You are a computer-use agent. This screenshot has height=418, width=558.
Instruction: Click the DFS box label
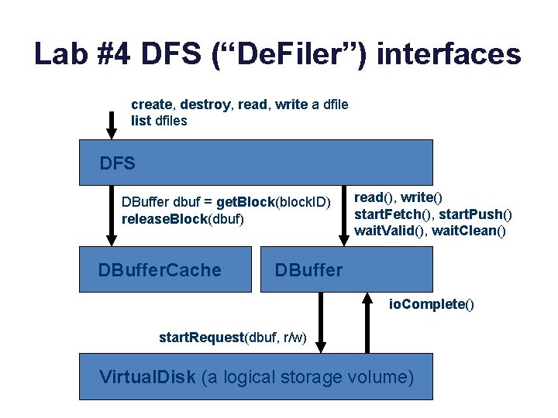(118, 163)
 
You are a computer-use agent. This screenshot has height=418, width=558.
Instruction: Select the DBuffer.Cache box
(165, 269)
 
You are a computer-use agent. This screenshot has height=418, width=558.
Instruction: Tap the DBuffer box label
(308, 270)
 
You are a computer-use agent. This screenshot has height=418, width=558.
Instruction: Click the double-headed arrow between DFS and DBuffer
(343, 215)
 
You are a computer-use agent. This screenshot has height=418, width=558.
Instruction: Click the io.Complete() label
(432, 304)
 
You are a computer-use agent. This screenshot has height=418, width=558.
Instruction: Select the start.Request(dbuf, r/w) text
(232, 337)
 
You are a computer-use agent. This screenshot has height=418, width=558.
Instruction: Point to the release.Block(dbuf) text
(183, 219)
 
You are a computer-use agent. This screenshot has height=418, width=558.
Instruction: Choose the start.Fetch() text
(392, 214)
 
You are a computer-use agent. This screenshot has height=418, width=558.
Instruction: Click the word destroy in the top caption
(206, 104)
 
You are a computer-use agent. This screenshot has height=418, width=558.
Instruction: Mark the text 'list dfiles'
(159, 121)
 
